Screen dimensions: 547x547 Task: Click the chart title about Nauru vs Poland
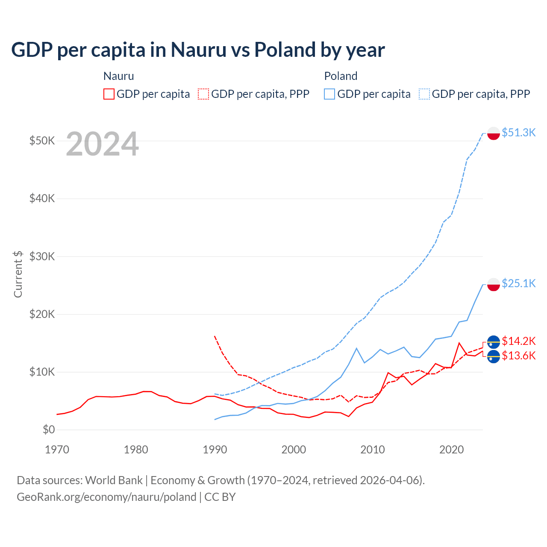point(198,50)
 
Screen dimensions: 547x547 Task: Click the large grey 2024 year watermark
point(102,144)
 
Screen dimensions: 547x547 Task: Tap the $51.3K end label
point(518,132)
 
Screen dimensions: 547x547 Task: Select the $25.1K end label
point(518,283)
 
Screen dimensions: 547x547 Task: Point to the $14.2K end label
point(518,341)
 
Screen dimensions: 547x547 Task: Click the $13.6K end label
point(518,356)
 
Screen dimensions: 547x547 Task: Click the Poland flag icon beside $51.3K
point(494,133)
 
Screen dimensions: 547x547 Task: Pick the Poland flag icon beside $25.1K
point(494,284)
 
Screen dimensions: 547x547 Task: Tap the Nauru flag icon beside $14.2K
point(494,342)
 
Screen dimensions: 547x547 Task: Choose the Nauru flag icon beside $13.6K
point(494,356)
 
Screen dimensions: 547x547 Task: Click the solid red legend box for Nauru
point(109,94)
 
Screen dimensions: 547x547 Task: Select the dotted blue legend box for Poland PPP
point(424,94)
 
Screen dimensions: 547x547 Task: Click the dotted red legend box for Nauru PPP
point(203,94)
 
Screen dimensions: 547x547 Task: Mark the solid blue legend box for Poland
point(329,94)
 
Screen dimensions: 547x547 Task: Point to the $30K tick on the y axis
point(42,256)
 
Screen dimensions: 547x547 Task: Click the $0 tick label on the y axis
point(49,429)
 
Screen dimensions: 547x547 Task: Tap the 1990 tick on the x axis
point(215,450)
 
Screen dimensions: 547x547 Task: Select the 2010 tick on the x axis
point(372,450)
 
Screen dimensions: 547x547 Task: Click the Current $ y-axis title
point(18,274)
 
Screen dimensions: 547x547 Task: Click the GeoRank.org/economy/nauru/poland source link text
point(106,497)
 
